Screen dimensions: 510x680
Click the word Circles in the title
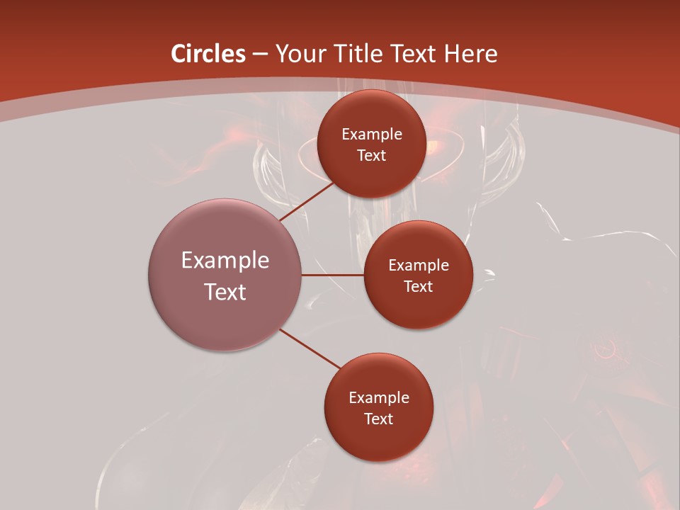pos(208,54)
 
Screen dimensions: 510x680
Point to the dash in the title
pos(260,55)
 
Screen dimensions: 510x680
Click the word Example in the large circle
pos(225,261)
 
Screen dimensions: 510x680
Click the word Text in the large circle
pos(225,292)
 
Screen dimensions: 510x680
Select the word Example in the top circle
pos(372,135)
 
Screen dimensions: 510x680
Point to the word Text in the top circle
pos(372,155)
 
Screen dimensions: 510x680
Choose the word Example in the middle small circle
pos(419,266)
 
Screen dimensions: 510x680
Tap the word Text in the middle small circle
pos(419,286)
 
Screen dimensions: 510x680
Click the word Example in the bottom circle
pos(379,398)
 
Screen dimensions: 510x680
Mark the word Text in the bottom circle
pos(379,419)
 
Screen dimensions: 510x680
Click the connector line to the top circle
pos(307,201)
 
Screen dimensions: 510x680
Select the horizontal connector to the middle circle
pos(333,275)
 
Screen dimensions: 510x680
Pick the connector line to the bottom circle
pos(311,348)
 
